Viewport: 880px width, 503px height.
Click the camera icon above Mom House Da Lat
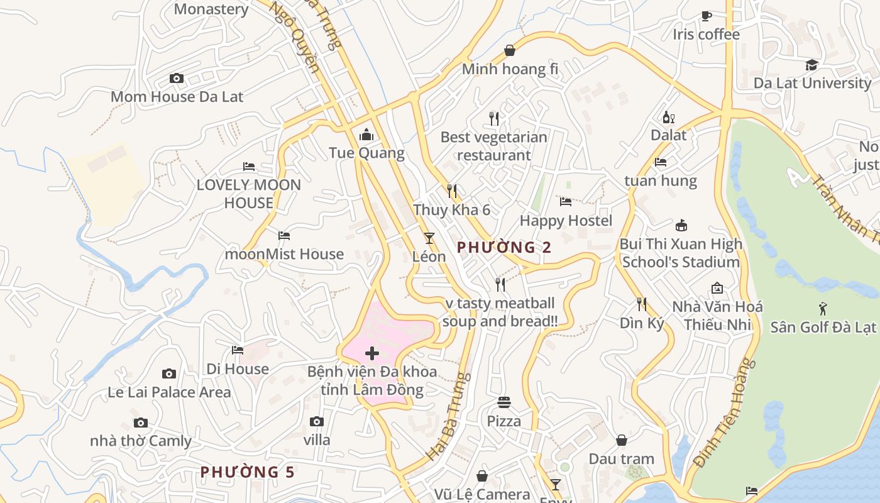click(x=177, y=79)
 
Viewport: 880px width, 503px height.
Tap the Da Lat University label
click(x=812, y=83)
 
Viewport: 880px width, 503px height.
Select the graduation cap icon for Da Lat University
click(x=812, y=65)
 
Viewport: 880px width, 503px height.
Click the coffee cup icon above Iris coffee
click(x=707, y=16)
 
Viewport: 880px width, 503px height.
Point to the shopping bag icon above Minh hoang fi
click(x=510, y=51)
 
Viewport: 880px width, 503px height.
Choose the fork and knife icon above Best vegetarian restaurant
click(x=494, y=118)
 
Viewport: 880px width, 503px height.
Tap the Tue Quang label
click(x=366, y=153)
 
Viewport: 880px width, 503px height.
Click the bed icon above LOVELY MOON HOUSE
click(x=249, y=167)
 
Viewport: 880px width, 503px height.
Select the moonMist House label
click(x=284, y=254)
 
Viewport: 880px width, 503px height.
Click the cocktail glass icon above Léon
click(x=429, y=238)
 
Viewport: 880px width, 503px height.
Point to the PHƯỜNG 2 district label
click(x=504, y=248)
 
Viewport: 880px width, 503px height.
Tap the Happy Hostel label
click(x=566, y=221)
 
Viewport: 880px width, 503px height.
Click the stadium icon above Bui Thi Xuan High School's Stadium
click(x=681, y=225)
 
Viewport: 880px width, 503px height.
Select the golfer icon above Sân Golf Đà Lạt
click(x=823, y=309)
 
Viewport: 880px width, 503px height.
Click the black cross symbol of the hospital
click(x=372, y=353)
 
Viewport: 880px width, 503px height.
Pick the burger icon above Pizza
click(x=504, y=402)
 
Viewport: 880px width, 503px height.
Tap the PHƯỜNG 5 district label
click(x=247, y=472)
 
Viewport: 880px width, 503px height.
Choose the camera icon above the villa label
click(x=317, y=421)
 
